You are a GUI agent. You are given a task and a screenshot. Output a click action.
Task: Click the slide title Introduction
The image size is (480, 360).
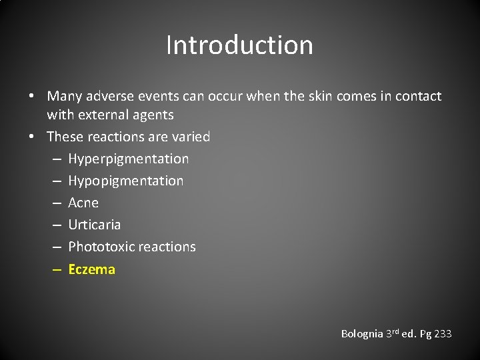coord(239,45)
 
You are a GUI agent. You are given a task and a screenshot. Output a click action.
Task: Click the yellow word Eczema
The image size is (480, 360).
coord(91,269)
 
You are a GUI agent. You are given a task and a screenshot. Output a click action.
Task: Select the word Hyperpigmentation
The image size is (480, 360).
coord(128,159)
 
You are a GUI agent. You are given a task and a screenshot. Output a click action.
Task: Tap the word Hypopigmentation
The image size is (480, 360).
coord(125,181)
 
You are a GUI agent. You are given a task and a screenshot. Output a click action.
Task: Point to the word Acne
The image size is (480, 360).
coord(83,203)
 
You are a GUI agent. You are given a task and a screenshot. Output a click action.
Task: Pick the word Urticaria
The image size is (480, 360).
coord(94,225)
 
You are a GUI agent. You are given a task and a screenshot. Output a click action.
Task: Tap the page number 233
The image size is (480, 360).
coord(442,333)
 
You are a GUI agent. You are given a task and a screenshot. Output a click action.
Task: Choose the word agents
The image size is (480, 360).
coord(155,115)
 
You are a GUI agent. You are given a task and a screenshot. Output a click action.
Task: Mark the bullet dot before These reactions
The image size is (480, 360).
coord(31,137)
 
